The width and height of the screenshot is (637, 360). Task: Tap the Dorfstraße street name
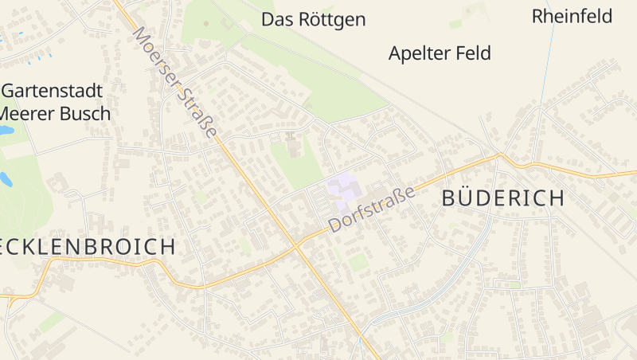point(372,209)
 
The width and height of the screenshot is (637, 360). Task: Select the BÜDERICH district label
point(503,199)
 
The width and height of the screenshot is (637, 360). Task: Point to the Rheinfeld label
point(572,16)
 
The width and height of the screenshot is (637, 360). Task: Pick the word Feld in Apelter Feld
point(472,53)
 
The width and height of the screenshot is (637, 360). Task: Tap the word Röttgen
point(331,20)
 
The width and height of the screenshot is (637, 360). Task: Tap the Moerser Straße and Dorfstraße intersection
point(297,243)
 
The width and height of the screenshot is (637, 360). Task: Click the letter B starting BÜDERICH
point(449,199)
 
